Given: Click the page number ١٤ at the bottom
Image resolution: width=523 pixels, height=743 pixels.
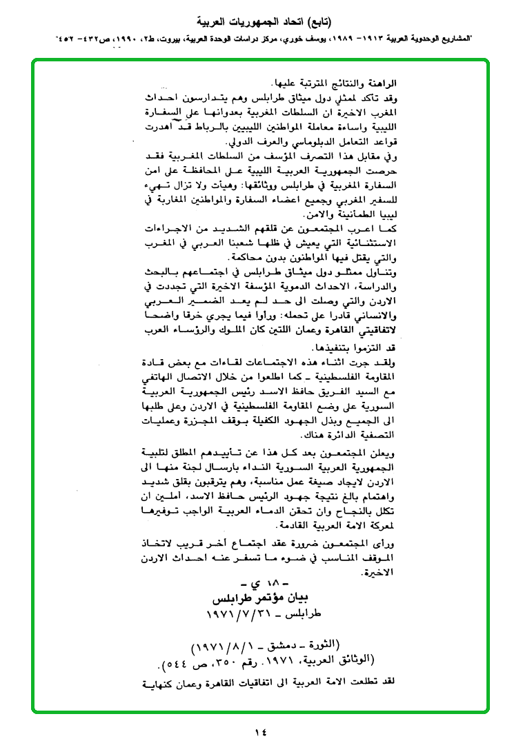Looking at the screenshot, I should [x=260, y=732].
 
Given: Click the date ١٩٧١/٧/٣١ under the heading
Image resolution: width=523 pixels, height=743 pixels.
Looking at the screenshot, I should [x=236, y=613].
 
